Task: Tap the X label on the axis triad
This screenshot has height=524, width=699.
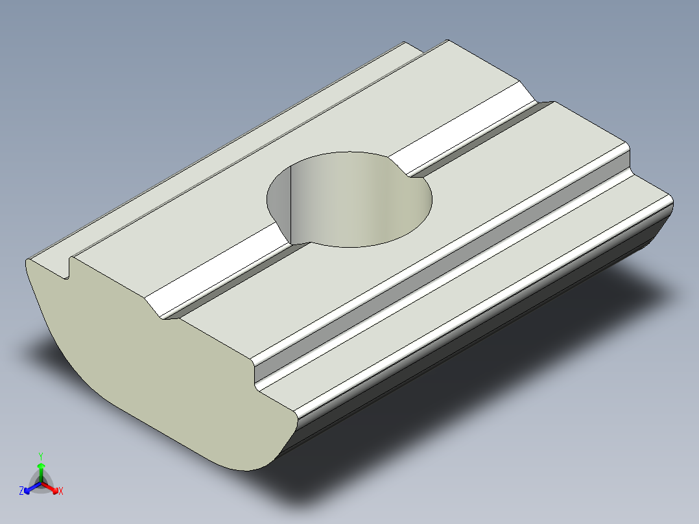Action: click(61, 492)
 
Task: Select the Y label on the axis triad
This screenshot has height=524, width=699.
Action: click(41, 456)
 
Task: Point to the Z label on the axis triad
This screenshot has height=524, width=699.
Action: click(21, 492)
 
